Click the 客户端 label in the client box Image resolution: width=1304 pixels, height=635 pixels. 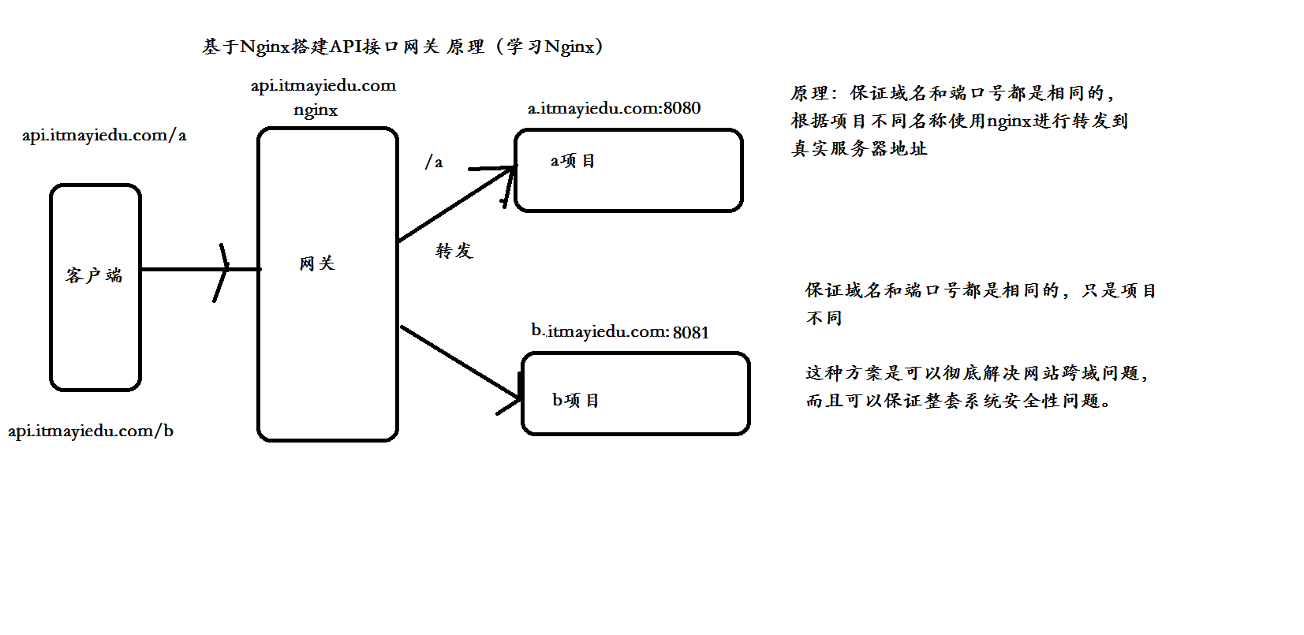click(x=94, y=275)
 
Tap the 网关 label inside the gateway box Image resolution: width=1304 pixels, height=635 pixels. click(x=317, y=263)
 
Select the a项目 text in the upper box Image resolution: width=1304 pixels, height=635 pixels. click(x=573, y=161)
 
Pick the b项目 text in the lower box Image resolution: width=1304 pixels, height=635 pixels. click(x=576, y=401)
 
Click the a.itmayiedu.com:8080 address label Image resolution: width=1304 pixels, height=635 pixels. click(x=614, y=108)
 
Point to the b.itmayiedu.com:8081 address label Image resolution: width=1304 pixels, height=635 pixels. click(x=620, y=331)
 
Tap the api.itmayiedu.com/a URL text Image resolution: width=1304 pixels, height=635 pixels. click(x=104, y=135)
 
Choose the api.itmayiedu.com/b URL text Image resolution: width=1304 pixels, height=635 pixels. click(x=91, y=431)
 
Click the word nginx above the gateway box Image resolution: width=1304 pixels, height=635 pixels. click(x=316, y=110)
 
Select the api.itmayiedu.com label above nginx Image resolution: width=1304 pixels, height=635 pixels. click(x=323, y=85)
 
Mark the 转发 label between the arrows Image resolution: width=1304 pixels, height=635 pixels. click(x=454, y=251)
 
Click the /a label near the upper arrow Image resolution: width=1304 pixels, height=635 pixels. click(x=434, y=162)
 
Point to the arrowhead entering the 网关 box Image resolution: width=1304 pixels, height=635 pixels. click(x=224, y=271)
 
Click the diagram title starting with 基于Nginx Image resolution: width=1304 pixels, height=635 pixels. click(x=402, y=47)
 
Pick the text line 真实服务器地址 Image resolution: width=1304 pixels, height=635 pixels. click(x=859, y=148)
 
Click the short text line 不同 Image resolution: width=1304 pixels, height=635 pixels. click(x=824, y=318)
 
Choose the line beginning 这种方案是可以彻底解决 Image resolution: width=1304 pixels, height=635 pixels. click(x=977, y=373)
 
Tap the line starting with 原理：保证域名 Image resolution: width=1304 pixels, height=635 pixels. click(x=952, y=93)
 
